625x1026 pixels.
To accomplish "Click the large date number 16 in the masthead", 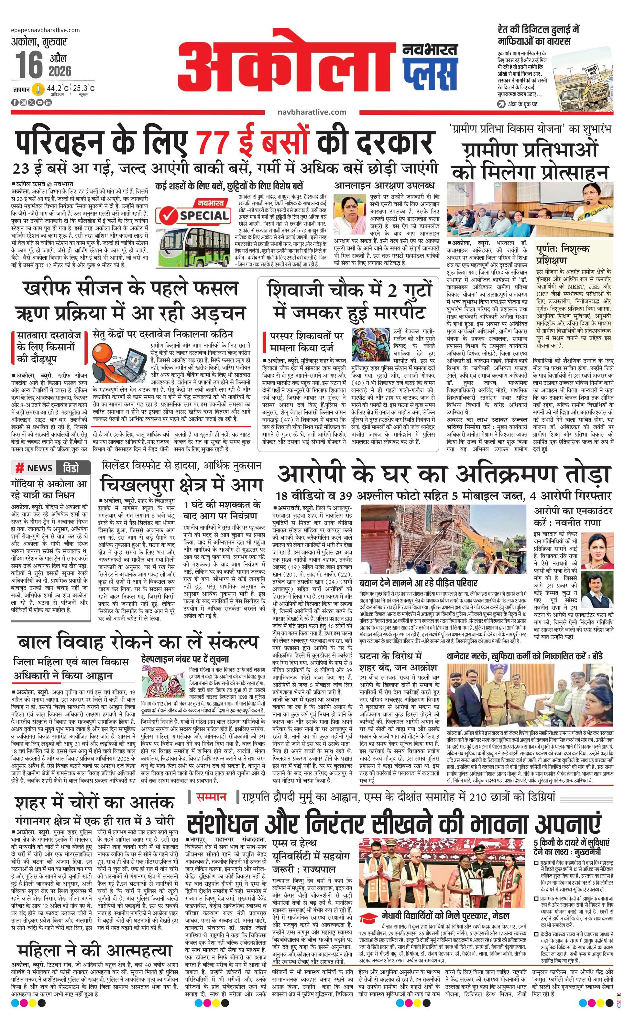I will point(29,65).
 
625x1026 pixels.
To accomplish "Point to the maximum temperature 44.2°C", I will point(58,88).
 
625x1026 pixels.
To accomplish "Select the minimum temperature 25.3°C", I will point(83,88).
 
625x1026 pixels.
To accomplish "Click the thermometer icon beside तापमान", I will point(38,89).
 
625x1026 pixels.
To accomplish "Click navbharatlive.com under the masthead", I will point(312,112).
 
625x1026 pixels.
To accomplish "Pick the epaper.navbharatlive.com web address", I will point(46,30).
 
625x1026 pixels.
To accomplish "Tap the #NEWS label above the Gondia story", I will point(34,468).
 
